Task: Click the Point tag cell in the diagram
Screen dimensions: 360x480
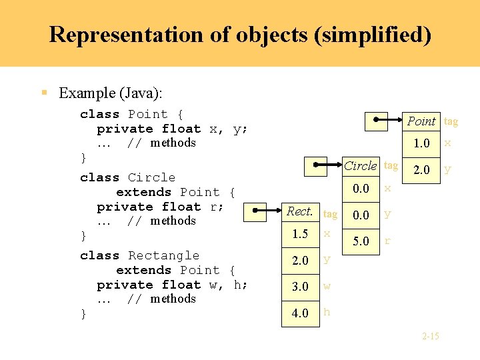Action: (x=421, y=121)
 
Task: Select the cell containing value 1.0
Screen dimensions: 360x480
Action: (x=421, y=143)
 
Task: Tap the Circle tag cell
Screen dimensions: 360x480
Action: (x=361, y=166)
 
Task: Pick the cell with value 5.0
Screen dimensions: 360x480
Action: (x=361, y=241)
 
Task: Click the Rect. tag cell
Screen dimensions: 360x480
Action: (x=300, y=212)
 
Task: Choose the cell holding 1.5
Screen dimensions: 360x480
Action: (x=300, y=234)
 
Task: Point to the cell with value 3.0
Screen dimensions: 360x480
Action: (x=300, y=287)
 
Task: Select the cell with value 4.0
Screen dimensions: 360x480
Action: (x=300, y=313)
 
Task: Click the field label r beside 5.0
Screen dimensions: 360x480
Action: (x=388, y=241)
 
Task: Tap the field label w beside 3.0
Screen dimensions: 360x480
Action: (x=327, y=287)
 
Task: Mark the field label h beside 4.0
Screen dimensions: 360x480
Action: (x=327, y=312)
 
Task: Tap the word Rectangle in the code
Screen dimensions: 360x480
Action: (x=163, y=255)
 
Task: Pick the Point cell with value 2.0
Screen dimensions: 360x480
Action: (x=421, y=169)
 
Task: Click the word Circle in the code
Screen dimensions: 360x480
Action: (x=151, y=177)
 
